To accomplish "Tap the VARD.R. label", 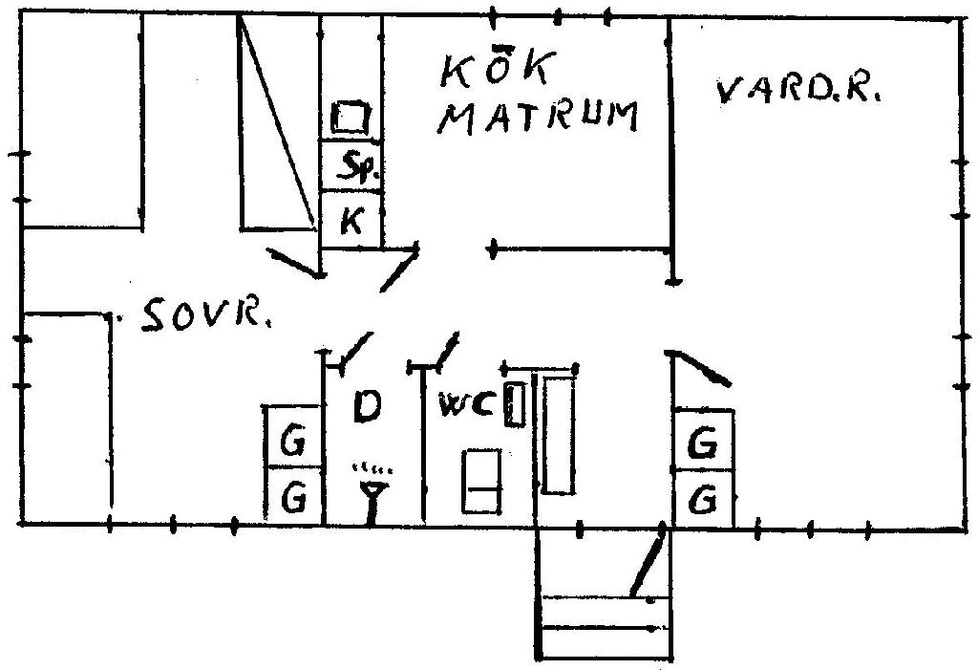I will click(x=798, y=91).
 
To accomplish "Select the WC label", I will click(x=467, y=405).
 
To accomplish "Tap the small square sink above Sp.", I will click(x=351, y=118).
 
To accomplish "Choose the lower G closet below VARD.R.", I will click(x=704, y=499).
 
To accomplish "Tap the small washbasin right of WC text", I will click(x=516, y=404).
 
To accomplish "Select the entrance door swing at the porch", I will click(x=648, y=564).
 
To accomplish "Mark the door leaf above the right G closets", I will click(x=703, y=368).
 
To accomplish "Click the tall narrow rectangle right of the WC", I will click(x=558, y=435).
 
